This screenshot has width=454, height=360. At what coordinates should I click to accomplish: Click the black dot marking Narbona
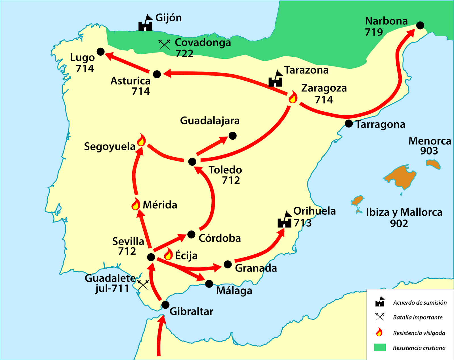coord(420,25)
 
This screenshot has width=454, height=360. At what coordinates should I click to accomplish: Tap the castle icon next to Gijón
coord(146,23)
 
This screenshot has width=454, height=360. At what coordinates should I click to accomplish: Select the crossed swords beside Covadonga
coord(164,44)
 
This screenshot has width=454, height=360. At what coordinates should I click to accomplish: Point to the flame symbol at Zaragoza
coord(293,97)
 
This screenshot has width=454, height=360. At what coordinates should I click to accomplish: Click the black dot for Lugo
coord(100,52)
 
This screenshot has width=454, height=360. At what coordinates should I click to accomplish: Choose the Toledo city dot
coord(192,162)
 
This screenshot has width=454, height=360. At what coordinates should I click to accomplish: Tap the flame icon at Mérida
coord(136,204)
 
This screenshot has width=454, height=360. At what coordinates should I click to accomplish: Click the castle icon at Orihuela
coord(285,220)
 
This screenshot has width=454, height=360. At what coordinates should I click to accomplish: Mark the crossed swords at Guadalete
coord(143,284)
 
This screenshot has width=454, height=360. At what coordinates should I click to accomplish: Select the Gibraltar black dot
coord(165,305)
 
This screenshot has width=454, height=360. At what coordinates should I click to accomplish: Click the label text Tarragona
coord(381,125)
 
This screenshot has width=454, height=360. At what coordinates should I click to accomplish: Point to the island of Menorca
coord(433,164)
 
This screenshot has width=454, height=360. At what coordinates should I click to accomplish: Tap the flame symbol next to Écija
coord(168,254)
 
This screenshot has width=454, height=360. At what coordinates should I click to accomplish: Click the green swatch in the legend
coord(380,348)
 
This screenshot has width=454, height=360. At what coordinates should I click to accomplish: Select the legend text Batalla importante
coord(417,317)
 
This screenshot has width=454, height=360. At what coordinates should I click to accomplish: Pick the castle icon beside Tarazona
coord(276,79)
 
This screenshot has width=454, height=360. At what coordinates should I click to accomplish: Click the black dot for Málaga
coord(209,284)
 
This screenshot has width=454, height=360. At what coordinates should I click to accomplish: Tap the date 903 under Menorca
coord(429,151)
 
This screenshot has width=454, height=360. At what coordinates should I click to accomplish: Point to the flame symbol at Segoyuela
coord(141,140)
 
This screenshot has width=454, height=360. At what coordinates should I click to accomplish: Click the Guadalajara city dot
coord(233,136)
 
